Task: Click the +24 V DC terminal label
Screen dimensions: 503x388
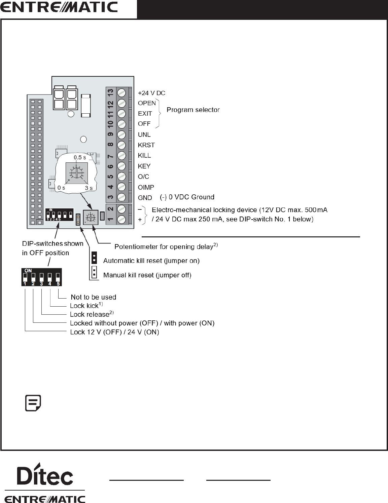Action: tap(151, 93)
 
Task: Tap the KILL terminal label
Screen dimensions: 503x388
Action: tap(144, 155)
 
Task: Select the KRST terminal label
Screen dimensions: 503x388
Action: tap(146, 145)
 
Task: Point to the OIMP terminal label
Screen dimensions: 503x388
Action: tap(146, 187)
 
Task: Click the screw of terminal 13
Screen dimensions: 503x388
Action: tap(121, 92)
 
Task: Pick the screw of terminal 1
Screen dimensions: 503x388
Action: tap(121, 220)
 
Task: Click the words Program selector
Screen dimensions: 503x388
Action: tap(193, 110)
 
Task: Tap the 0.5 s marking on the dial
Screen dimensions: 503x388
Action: tap(80, 157)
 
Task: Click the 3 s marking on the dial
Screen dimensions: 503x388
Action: tap(89, 188)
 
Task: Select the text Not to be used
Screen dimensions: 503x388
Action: tap(93, 297)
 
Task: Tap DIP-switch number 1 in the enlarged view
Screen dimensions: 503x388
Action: tap(25, 277)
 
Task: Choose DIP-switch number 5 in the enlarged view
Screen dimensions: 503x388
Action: tap(58, 277)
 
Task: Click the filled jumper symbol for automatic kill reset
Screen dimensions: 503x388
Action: tap(94, 258)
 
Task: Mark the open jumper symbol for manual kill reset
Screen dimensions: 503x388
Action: tap(95, 272)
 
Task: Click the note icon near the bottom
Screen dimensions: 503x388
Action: tap(33, 403)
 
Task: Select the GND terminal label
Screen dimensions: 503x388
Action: tap(145, 198)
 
